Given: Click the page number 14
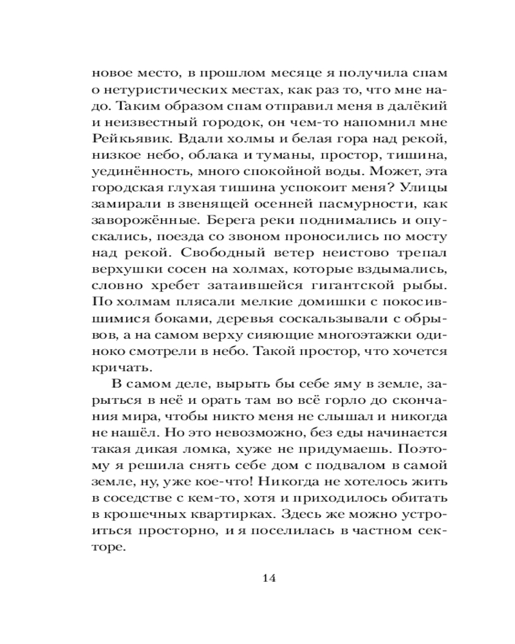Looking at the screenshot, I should pyautogui.click(x=270, y=577).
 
